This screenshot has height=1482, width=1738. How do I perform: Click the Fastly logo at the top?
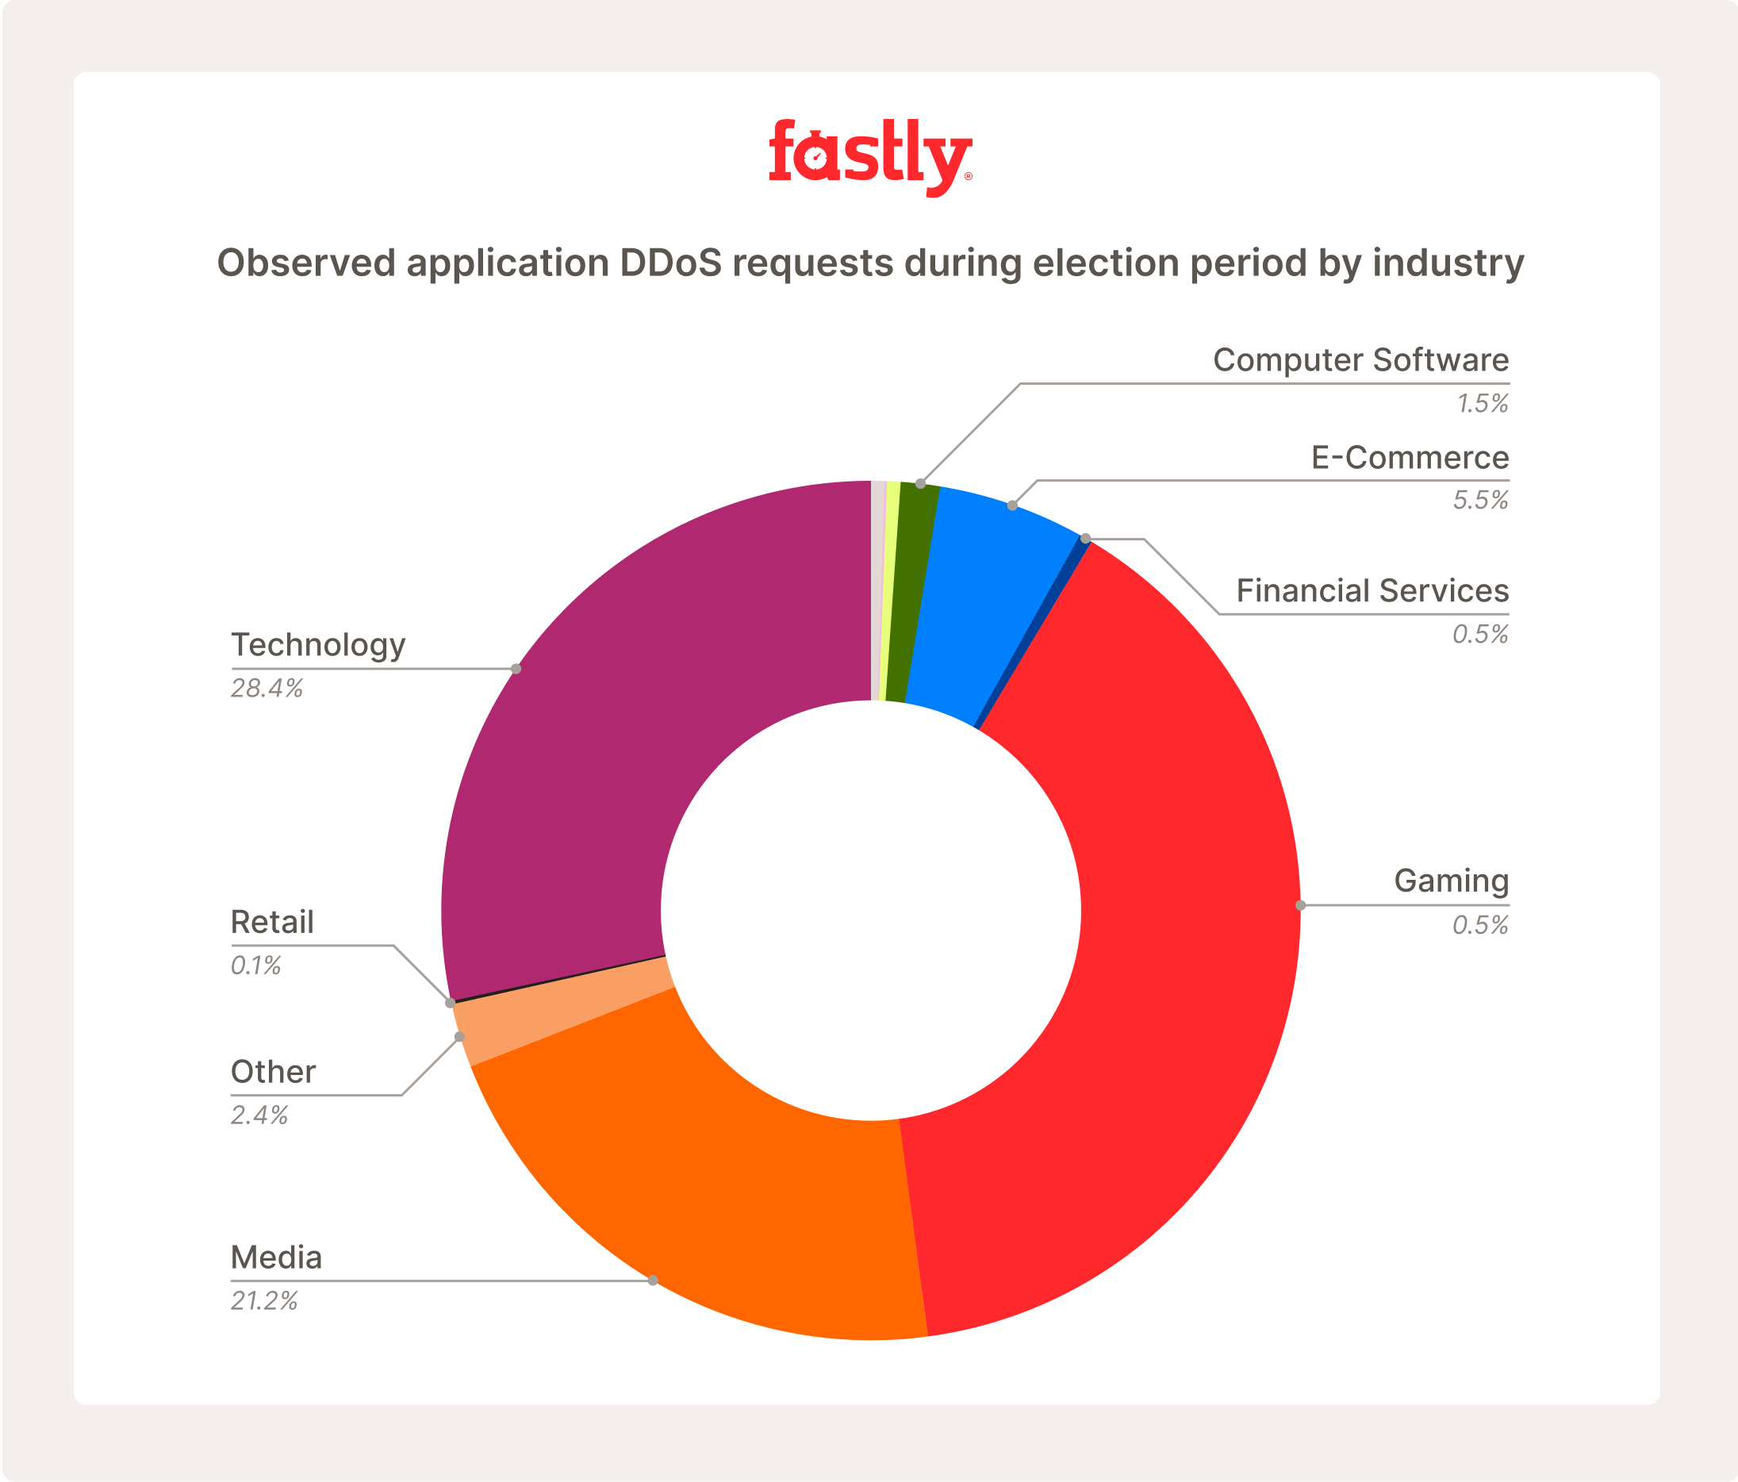tap(870, 157)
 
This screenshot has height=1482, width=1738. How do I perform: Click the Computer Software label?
tap(1360, 361)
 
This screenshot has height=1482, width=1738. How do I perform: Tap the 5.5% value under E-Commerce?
tap(1480, 501)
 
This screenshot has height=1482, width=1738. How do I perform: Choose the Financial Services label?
tap(1372, 591)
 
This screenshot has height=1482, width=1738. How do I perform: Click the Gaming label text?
tap(1451, 881)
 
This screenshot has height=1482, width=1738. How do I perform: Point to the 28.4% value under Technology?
tap(267, 689)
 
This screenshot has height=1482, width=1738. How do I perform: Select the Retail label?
tap(272, 923)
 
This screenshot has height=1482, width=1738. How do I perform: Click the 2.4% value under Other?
tap(259, 1115)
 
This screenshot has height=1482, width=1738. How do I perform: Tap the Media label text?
tap(276, 1258)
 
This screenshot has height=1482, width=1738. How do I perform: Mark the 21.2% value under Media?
tap(264, 1301)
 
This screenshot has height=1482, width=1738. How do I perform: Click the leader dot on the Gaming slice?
tap(1300, 905)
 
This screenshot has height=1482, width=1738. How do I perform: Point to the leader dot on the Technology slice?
tap(516, 669)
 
